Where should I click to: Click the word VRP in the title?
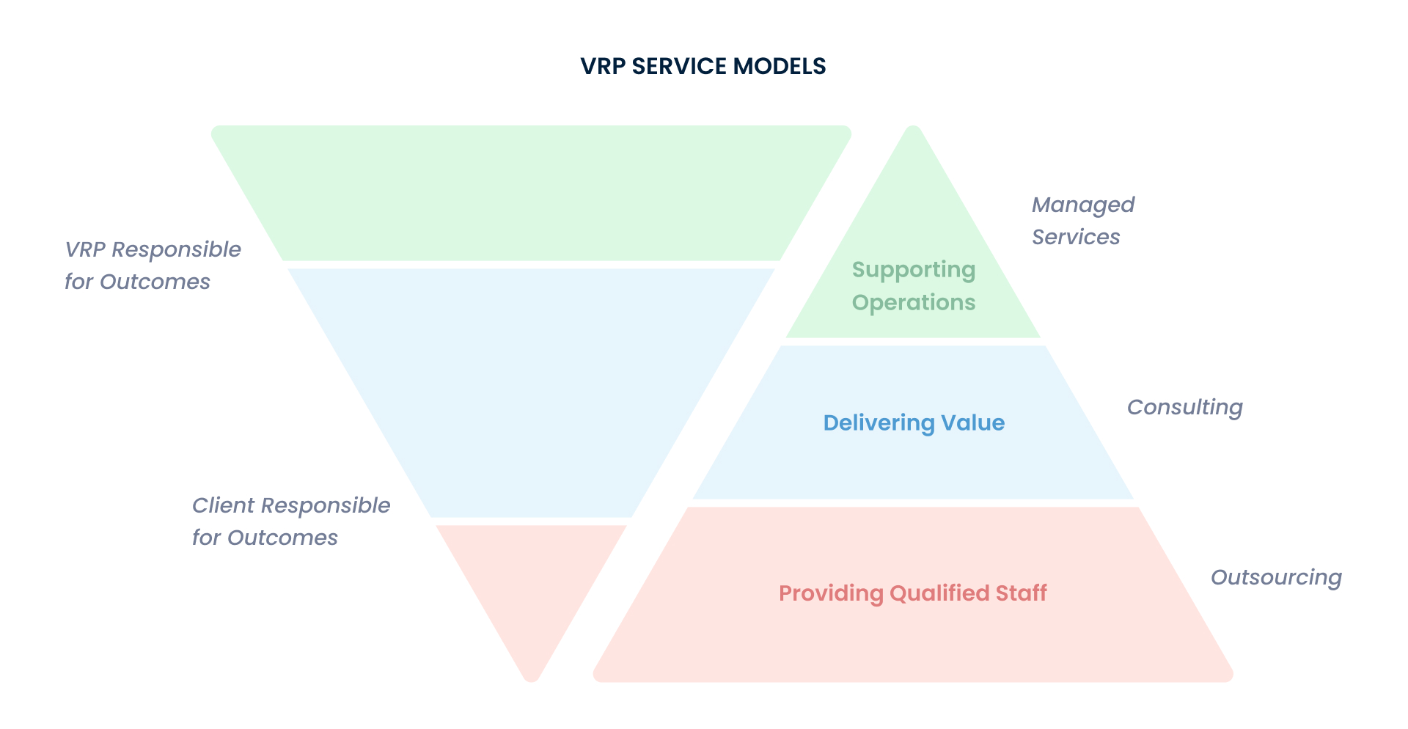[x=603, y=67]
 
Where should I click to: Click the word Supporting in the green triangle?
[x=913, y=270]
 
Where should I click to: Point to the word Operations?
[x=913, y=302]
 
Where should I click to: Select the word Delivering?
[x=879, y=423]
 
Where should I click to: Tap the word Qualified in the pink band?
[x=939, y=593]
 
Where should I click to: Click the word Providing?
[x=831, y=593]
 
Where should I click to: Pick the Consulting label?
[x=1184, y=408]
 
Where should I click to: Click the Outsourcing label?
[x=1275, y=578]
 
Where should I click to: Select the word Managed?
[x=1082, y=205]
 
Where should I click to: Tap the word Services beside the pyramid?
[x=1075, y=238]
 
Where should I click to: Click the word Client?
[x=223, y=505]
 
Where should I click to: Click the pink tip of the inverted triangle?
[x=532, y=587]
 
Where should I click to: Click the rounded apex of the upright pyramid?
[x=913, y=136]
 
